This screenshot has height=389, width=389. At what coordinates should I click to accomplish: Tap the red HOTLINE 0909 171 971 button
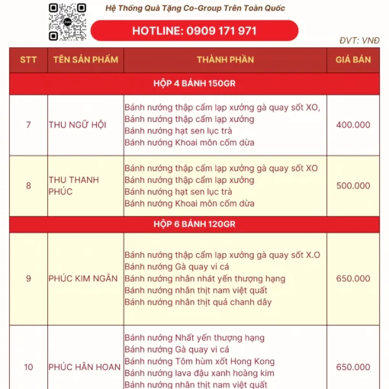click(x=194, y=31)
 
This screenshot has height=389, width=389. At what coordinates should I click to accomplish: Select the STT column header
click(x=28, y=59)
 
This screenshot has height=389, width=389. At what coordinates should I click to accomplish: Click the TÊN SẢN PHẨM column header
click(x=85, y=59)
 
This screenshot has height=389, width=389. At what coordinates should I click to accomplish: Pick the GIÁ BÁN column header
click(x=352, y=59)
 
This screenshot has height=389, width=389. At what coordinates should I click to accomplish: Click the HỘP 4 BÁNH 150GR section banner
click(x=194, y=82)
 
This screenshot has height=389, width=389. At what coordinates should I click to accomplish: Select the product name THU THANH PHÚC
click(x=74, y=185)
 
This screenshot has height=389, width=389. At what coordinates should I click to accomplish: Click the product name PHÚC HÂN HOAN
click(x=84, y=367)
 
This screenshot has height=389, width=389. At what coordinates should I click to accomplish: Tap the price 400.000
click(x=352, y=125)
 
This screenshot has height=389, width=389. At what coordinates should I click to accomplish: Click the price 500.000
click(x=352, y=185)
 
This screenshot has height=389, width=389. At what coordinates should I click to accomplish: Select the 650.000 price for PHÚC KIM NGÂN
click(x=352, y=278)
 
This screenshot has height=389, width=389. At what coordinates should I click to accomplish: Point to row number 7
click(x=28, y=125)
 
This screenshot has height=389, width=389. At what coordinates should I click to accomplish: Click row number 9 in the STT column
click(x=28, y=278)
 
